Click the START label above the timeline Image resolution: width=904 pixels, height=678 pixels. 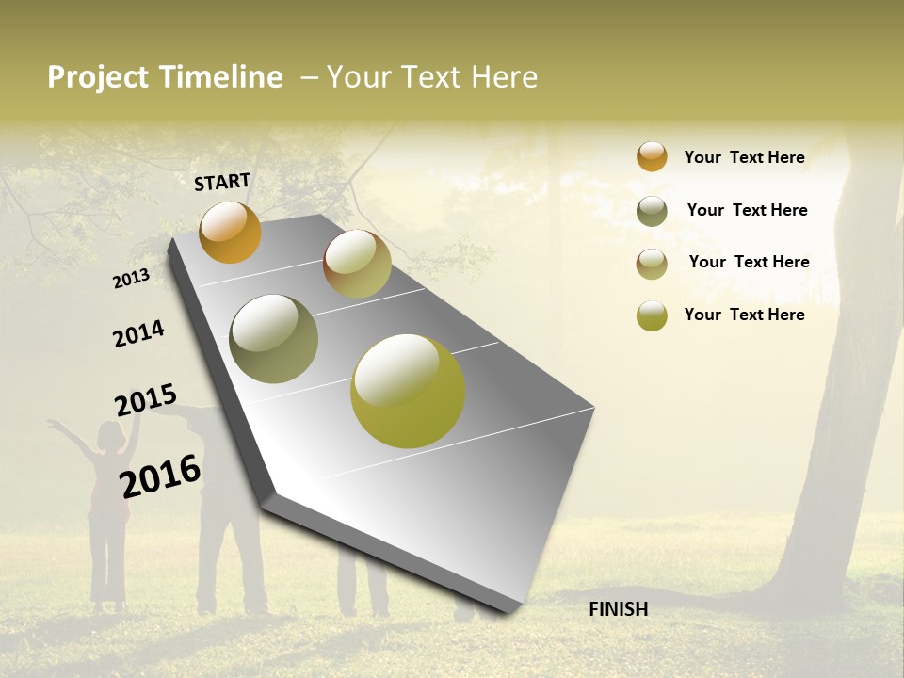pyautogui.click(x=222, y=182)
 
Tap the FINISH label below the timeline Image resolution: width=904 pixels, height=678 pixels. pyautogui.click(x=618, y=609)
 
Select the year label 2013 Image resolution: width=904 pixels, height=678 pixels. pyautogui.click(x=131, y=278)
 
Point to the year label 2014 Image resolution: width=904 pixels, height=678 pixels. pyautogui.click(x=138, y=333)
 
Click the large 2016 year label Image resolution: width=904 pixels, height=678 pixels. pyautogui.click(x=160, y=476)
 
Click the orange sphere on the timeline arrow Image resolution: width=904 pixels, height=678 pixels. pyautogui.click(x=230, y=232)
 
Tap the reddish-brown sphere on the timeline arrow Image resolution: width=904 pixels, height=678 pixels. pyautogui.click(x=357, y=264)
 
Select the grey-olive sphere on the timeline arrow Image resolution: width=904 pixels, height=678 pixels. pyautogui.click(x=273, y=339)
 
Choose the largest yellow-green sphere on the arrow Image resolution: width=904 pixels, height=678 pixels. pyautogui.click(x=408, y=391)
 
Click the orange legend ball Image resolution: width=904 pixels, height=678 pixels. pyautogui.click(x=652, y=156)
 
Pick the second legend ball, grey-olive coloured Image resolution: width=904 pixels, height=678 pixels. pyautogui.click(x=652, y=211)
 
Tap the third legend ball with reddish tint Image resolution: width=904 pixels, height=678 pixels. pyautogui.click(x=652, y=264)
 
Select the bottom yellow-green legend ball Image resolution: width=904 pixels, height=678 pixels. pyautogui.click(x=652, y=315)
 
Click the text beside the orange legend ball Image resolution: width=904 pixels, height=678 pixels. pyautogui.click(x=744, y=157)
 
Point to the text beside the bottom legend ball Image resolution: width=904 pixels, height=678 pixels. pyautogui.click(x=744, y=315)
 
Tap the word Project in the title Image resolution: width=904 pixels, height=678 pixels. pyautogui.click(x=97, y=77)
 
